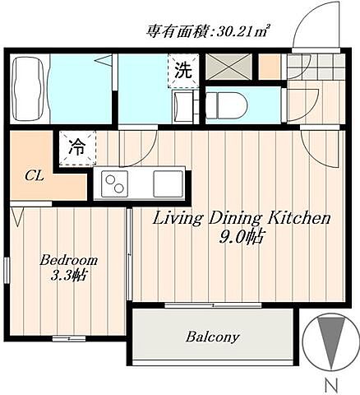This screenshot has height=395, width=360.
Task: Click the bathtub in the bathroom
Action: coord(30,87)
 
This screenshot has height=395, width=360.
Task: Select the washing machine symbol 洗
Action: coord(183,69)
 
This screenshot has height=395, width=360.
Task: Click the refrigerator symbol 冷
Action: coord(76,148)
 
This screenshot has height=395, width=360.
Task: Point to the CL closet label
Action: coord(34,174)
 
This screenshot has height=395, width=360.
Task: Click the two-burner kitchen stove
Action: coord(115,184)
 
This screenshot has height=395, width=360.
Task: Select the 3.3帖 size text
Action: coord(69,276)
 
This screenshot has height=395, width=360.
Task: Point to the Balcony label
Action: coord(212,337)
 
